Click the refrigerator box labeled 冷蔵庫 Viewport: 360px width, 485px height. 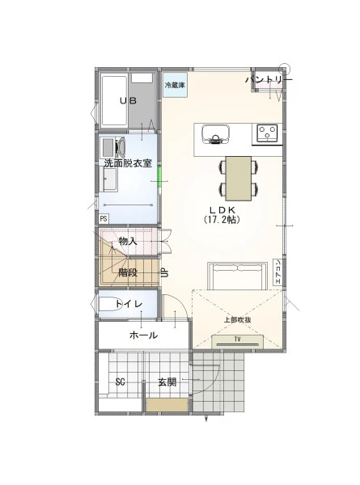coord(175,85)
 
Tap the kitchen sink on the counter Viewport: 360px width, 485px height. coord(216,134)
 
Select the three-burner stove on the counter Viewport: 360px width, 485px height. coord(268,133)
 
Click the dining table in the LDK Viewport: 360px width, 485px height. coord(239,178)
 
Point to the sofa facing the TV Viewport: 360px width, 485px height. coord(237,276)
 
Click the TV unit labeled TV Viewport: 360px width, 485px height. coord(237,341)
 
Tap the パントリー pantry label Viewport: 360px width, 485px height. coord(269,80)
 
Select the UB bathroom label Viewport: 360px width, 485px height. coord(128,100)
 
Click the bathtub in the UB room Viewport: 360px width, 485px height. coord(114,100)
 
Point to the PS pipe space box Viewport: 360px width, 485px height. coord(104,219)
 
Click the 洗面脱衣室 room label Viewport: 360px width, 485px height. coord(128,163)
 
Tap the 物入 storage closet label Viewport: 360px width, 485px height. coord(128,241)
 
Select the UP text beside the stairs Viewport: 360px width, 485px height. coord(164,273)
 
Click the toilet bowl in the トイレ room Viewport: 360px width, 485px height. coord(106,305)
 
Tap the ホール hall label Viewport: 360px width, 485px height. coord(144,335)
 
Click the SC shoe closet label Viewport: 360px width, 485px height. coord(120,382)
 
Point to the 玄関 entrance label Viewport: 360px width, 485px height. coord(167,382)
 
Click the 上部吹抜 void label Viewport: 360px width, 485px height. coord(237,320)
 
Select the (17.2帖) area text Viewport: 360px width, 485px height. coord(222,220)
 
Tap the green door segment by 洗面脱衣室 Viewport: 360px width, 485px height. coord(159,176)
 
